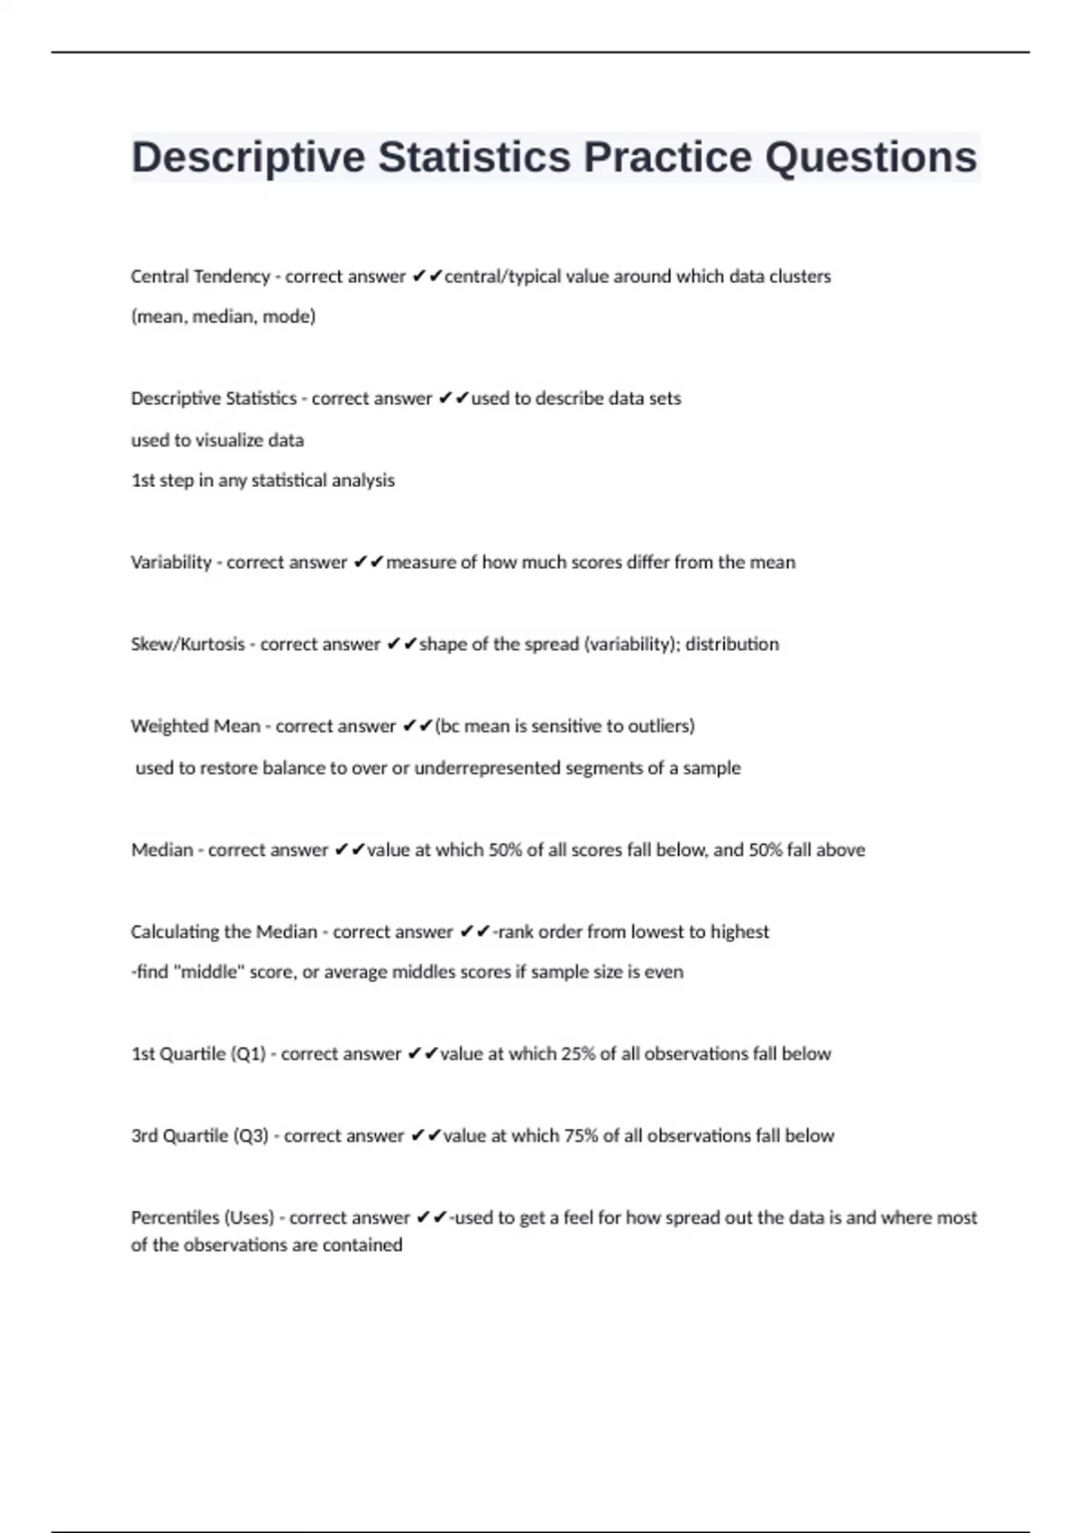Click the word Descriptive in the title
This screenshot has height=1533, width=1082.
(248, 158)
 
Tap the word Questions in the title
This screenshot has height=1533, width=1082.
(871, 158)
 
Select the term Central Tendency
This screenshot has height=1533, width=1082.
(200, 277)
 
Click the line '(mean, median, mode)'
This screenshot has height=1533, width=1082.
(224, 317)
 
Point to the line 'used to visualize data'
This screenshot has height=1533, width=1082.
(217, 441)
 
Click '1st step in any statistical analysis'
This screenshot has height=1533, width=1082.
(263, 481)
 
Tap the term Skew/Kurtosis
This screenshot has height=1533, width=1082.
(188, 645)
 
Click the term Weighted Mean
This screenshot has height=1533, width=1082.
(196, 727)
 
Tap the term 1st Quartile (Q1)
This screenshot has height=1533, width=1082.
(198, 1054)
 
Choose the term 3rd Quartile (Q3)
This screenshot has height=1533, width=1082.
(200, 1136)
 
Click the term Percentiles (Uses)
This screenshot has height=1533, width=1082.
(203, 1218)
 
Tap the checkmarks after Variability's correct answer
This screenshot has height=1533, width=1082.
(368, 563)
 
